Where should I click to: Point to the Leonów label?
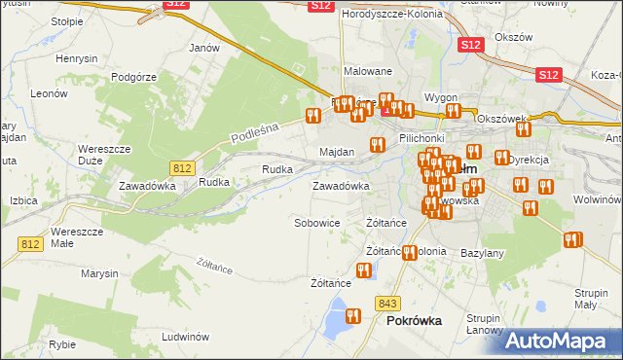(x=48, y=94)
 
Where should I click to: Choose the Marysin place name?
(x=99, y=273)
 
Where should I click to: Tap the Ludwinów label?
(x=187, y=337)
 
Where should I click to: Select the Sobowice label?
(x=317, y=223)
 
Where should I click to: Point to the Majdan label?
(x=337, y=153)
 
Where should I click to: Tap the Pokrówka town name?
(x=414, y=320)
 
